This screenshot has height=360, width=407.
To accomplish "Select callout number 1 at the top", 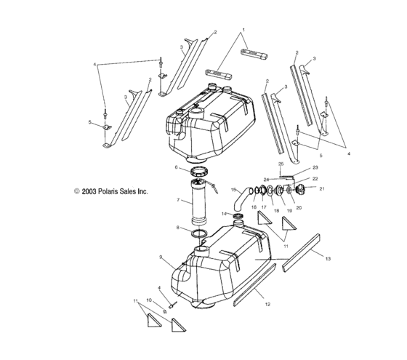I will pos(243,31).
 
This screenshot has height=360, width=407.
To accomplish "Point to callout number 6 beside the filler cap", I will pos(176,167).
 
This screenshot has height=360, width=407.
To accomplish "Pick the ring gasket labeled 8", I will pos(199,233).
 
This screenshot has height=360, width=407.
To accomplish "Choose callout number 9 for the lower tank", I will pos(161,257).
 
